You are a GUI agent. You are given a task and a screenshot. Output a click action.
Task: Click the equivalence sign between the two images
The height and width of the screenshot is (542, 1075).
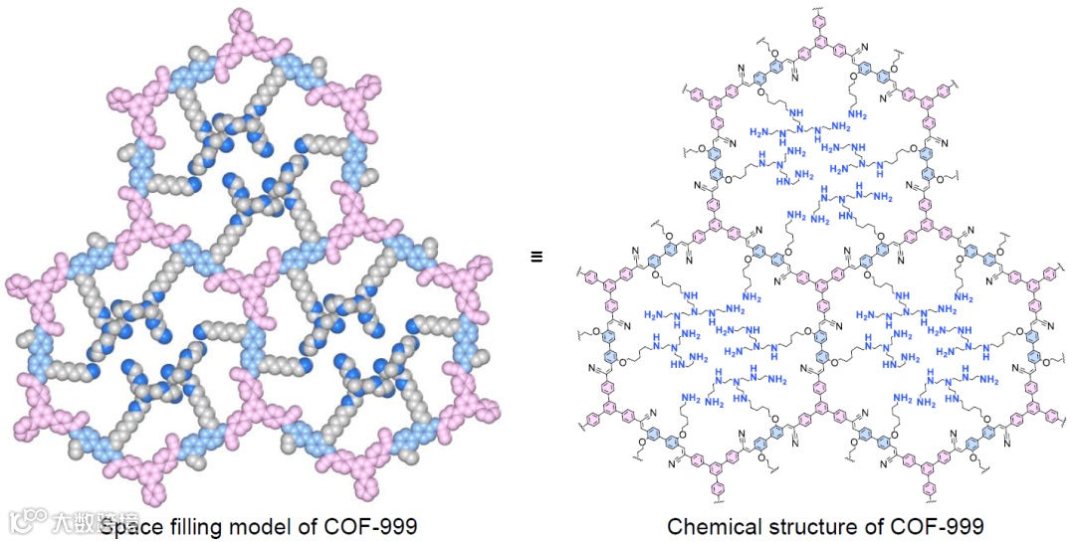click(536, 257)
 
